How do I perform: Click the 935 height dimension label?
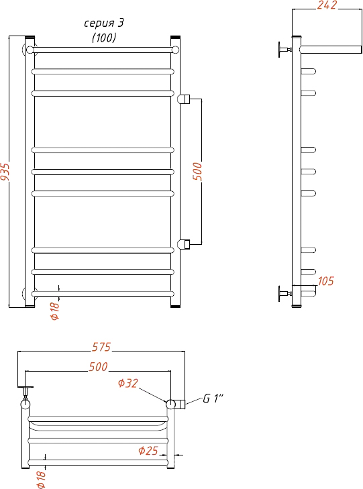point(5,171)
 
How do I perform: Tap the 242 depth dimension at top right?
point(327,5)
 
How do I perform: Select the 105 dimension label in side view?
point(326,281)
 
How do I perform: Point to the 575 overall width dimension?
point(101,347)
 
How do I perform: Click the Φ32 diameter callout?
point(128,383)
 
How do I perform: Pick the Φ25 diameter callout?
point(148,451)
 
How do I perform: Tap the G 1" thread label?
point(213,398)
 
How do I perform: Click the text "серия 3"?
point(104,23)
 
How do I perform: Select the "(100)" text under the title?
point(104,38)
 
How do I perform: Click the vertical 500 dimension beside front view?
point(197,171)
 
